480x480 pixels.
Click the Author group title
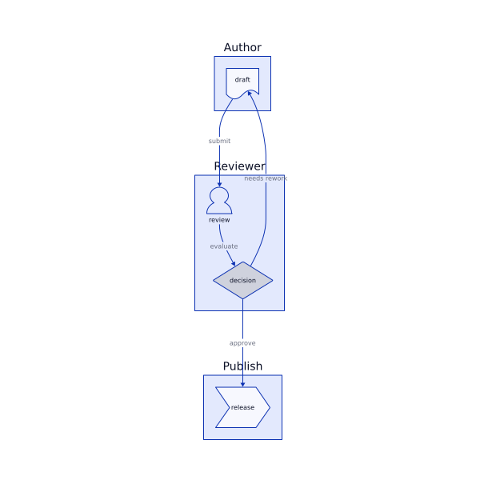tap(242, 47)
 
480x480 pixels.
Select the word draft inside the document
tap(242, 80)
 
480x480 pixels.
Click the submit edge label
tap(219, 141)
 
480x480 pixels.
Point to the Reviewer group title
tap(239, 166)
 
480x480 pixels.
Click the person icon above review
tap(219, 201)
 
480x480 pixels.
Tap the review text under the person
tap(219, 220)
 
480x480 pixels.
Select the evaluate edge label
tap(224, 246)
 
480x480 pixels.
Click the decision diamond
tap(242, 280)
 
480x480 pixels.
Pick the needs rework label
tap(266, 178)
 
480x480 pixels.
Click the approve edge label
tap(242, 343)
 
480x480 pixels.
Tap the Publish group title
tap(242, 366)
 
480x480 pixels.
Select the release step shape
tap(242, 407)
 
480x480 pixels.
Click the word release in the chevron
tap(242, 408)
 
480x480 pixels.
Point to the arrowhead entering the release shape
tap(242, 384)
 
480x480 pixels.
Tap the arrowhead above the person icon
tap(219, 184)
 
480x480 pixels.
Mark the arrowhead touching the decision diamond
tap(234, 265)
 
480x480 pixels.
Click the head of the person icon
tap(219, 194)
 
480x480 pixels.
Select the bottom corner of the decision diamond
tap(242, 298)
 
